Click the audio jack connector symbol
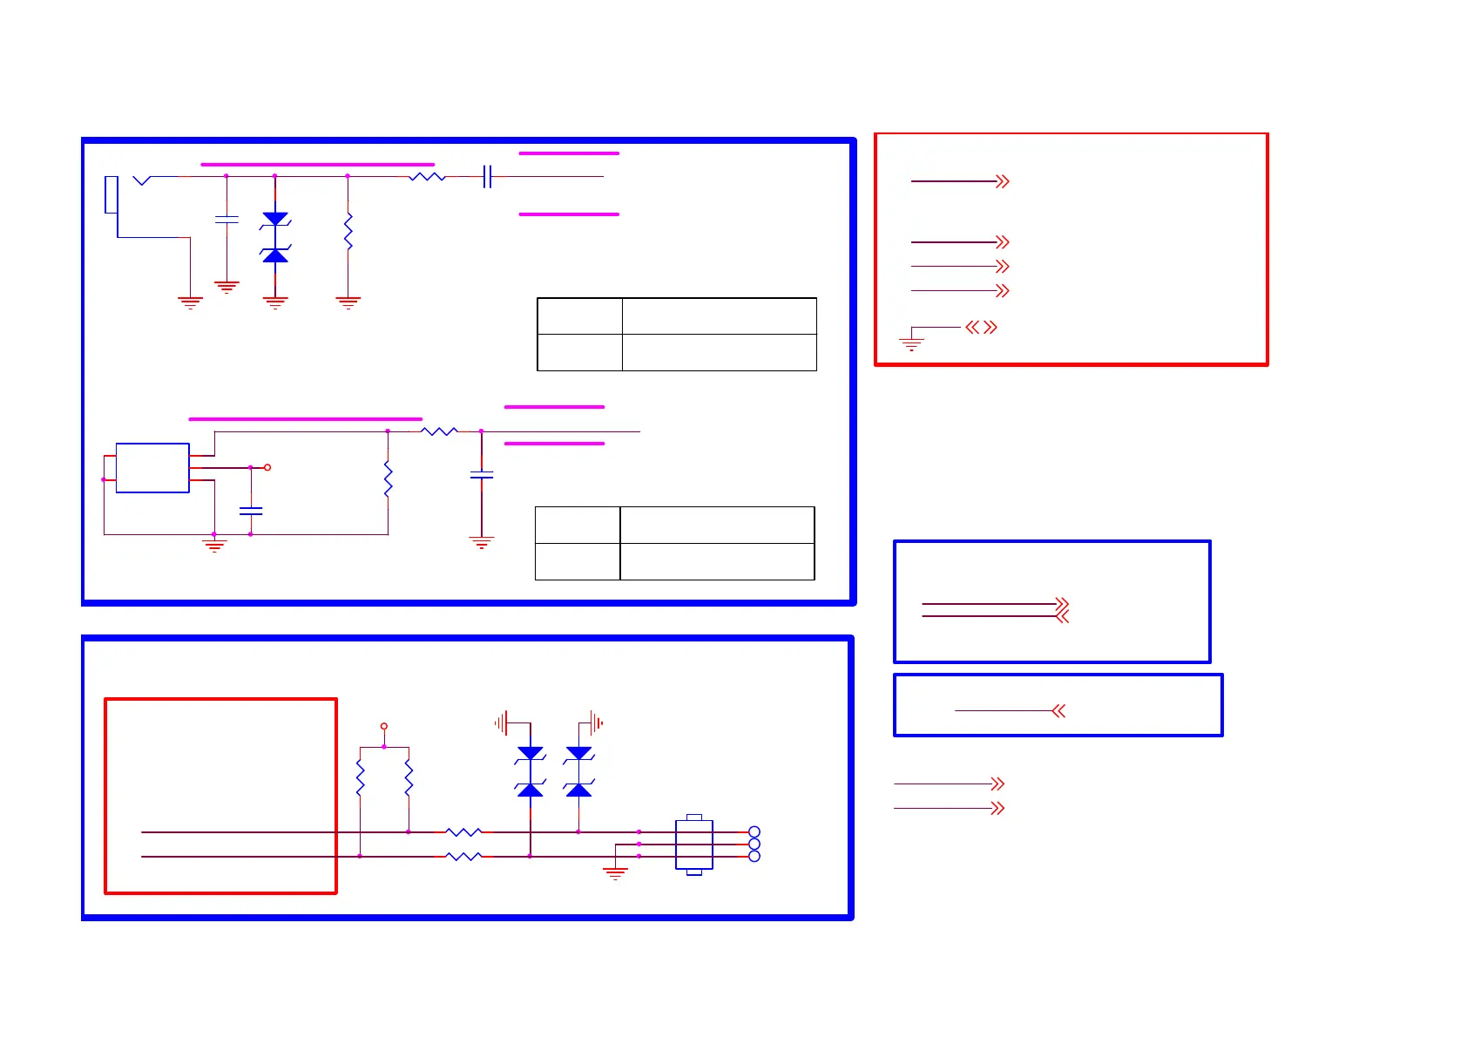(x=112, y=195)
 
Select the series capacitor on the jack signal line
(x=488, y=177)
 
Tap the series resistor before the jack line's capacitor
(x=427, y=177)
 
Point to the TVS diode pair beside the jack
(x=275, y=236)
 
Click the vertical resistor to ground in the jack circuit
(x=348, y=231)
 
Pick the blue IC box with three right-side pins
(x=152, y=468)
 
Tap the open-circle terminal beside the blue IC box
(x=267, y=468)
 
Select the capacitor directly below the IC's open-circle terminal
(x=251, y=511)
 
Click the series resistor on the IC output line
(x=439, y=431)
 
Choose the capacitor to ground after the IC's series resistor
(x=482, y=475)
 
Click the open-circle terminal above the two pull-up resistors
(x=384, y=726)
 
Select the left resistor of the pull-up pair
(x=361, y=777)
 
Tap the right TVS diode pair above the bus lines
(x=579, y=771)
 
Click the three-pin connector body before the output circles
(x=694, y=845)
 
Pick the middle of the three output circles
(x=754, y=845)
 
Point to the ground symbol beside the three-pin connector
(x=616, y=872)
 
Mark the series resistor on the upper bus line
(x=463, y=832)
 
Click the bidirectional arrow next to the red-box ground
(x=981, y=328)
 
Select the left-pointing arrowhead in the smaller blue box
(x=1058, y=711)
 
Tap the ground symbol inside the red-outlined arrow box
(x=911, y=343)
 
